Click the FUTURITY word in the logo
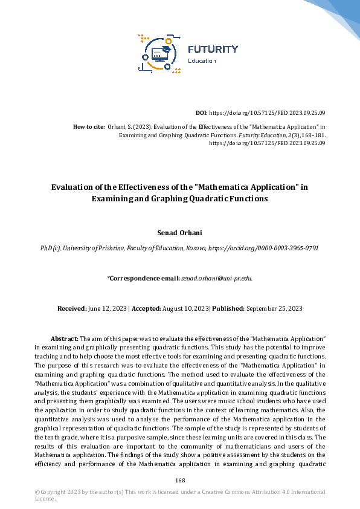(x=213, y=49)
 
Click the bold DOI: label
(x=202, y=113)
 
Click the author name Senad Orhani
(x=179, y=232)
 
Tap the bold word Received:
(x=72, y=308)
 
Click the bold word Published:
(x=228, y=308)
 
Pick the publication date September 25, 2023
(x=274, y=308)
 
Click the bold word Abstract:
(x=65, y=339)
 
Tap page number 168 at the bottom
(x=179, y=481)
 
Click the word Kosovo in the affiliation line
(x=196, y=248)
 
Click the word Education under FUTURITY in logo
(x=202, y=61)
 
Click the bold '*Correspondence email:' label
(x=144, y=279)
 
